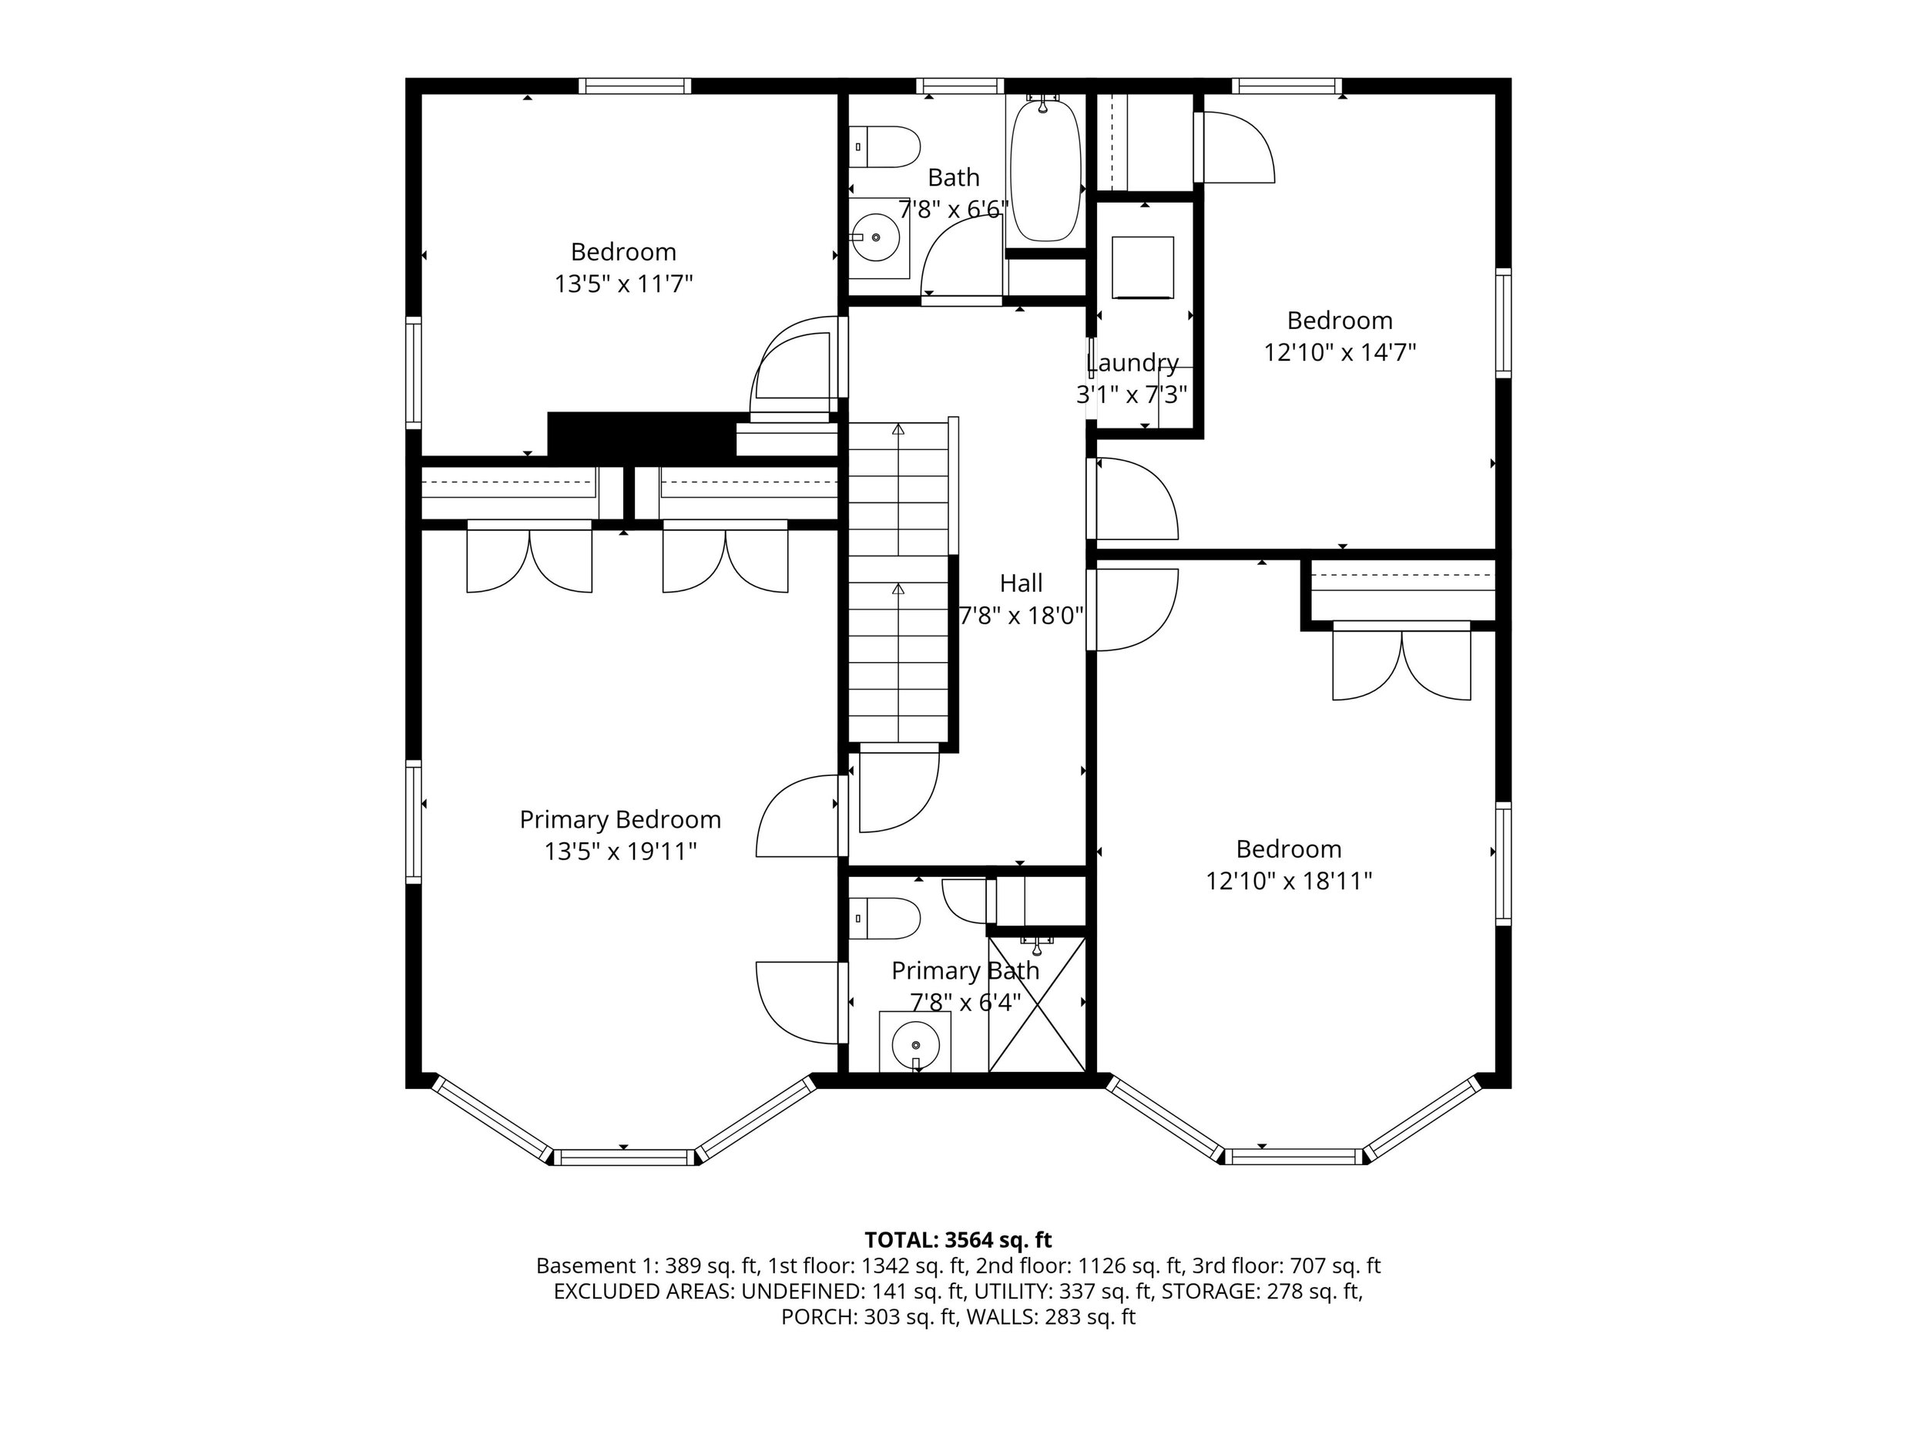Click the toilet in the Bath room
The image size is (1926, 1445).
pos(884,146)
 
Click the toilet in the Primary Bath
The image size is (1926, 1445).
pos(884,919)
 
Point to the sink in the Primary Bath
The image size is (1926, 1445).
pos(915,1042)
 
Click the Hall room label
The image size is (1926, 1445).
pos(1021,583)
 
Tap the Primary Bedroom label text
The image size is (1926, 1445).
pos(620,820)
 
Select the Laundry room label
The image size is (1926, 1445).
pos(1132,362)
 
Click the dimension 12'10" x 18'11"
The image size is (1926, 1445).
pos(1289,882)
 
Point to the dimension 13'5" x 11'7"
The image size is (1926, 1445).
pos(623,284)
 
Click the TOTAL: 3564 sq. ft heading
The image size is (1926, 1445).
pos(958,1239)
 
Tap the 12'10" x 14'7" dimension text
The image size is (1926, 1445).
pos(1340,353)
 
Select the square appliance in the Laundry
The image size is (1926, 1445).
pos(1143,267)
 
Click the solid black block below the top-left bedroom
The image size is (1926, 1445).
pos(642,435)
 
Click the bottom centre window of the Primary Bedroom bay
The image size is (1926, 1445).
pos(625,1158)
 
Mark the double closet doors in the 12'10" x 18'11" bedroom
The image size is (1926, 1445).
pos(1402,661)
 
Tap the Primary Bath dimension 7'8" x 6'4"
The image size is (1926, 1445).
pos(965,1003)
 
